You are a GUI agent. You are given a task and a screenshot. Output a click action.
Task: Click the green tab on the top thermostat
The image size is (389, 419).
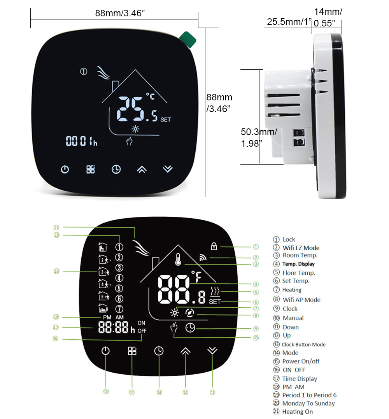click(x=188, y=39)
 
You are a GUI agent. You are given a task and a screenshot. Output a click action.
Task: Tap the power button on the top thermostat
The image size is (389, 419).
click(x=65, y=169)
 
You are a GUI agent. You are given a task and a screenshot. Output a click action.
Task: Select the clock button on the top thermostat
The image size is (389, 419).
click(x=116, y=169)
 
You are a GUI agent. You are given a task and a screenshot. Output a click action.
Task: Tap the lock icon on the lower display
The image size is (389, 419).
click(x=214, y=246)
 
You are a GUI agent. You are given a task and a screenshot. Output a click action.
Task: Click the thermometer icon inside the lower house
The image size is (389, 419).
click(x=178, y=259)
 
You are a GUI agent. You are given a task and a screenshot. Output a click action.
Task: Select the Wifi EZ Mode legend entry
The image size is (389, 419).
click(x=301, y=248)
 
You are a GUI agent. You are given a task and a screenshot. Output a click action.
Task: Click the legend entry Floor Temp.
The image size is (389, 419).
click(x=298, y=273)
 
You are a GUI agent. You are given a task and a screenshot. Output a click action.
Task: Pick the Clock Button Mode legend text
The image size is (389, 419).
click(x=303, y=344)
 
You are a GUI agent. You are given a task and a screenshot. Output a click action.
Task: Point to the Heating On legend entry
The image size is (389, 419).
click(x=297, y=412)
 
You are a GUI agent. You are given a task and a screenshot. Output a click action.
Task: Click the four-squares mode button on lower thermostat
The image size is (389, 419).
click(x=132, y=351)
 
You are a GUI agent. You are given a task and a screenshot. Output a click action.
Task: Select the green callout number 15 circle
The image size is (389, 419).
click(x=106, y=392)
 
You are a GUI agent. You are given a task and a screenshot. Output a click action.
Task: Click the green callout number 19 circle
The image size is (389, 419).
click(x=56, y=271)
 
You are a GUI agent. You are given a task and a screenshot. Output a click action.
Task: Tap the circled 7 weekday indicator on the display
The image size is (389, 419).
click(x=119, y=309)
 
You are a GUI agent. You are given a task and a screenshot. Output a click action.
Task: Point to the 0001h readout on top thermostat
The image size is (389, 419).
click(x=81, y=142)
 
